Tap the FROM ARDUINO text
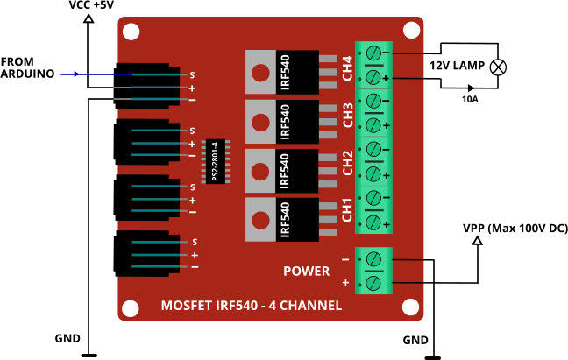click(29, 67)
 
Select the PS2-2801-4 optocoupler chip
click(216, 161)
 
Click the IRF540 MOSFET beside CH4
click(283, 71)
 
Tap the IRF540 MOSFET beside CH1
click(283, 219)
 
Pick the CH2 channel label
click(348, 164)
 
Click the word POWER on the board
click(306, 271)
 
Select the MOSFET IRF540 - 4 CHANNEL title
click(252, 306)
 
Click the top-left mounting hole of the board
click(131, 32)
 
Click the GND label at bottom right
click(415, 339)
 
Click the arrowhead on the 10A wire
click(472, 88)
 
